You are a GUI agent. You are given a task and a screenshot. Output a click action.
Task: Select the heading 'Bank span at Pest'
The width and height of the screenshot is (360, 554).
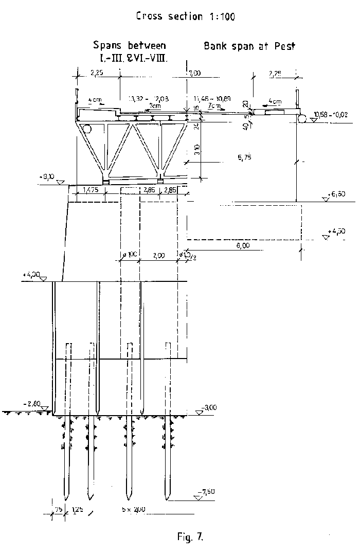pos(249,46)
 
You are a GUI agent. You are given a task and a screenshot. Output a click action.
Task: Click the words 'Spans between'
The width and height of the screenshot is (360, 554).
pos(130,45)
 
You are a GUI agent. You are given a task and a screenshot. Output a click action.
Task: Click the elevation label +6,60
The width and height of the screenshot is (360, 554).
pos(336,194)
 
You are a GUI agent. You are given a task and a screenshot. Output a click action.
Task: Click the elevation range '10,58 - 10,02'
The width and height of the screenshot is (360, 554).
pos(329,114)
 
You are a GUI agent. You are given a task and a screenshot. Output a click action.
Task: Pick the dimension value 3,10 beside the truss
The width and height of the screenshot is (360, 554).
pos(191,151)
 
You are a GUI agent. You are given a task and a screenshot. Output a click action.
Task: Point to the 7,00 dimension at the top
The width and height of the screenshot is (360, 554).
pos(194,74)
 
